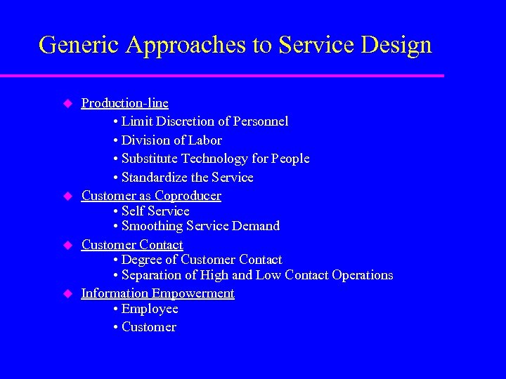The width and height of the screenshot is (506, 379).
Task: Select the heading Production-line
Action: [124, 103]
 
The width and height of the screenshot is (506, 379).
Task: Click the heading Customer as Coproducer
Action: [151, 196]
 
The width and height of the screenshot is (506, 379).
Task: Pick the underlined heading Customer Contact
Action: [132, 244]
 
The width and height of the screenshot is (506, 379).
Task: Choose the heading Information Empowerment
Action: [157, 293]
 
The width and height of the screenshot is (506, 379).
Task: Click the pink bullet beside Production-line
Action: [68, 103]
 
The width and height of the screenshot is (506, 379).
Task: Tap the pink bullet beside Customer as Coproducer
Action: [68, 196]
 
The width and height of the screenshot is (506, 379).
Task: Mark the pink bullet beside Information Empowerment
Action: [68, 293]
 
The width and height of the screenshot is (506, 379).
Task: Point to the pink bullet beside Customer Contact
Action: [68, 244]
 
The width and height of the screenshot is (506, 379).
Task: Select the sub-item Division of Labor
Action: [171, 140]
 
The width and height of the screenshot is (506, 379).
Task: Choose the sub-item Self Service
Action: [155, 211]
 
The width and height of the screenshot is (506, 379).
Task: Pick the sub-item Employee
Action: [150, 309]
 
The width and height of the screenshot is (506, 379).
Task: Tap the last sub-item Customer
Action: [148, 327]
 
